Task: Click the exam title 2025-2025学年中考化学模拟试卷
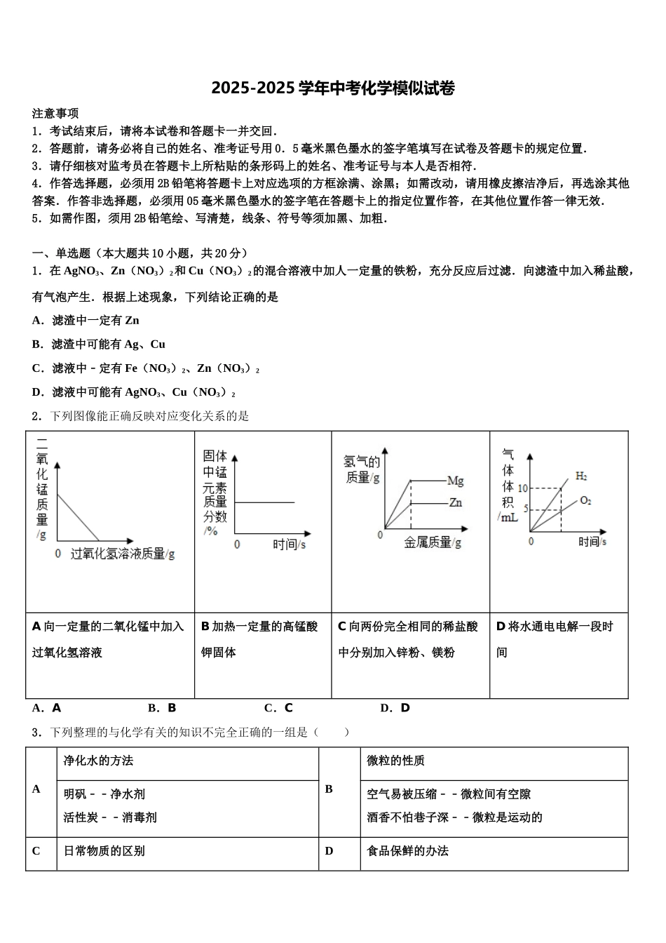333,88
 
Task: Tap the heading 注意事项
55,113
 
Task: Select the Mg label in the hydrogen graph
455,481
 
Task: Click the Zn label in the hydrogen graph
455,502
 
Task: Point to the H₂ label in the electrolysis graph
581,476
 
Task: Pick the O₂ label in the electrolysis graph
585,500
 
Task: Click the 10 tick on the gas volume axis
522,488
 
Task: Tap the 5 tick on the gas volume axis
524,509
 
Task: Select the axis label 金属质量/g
433,542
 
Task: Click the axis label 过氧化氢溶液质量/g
123,554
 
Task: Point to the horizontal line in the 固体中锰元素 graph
264,502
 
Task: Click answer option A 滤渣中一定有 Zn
86,321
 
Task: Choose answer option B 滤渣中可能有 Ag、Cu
99,345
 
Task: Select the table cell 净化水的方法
98,761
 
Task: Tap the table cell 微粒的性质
396,761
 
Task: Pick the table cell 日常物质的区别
104,851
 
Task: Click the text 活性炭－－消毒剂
110,817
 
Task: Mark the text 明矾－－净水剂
104,794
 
